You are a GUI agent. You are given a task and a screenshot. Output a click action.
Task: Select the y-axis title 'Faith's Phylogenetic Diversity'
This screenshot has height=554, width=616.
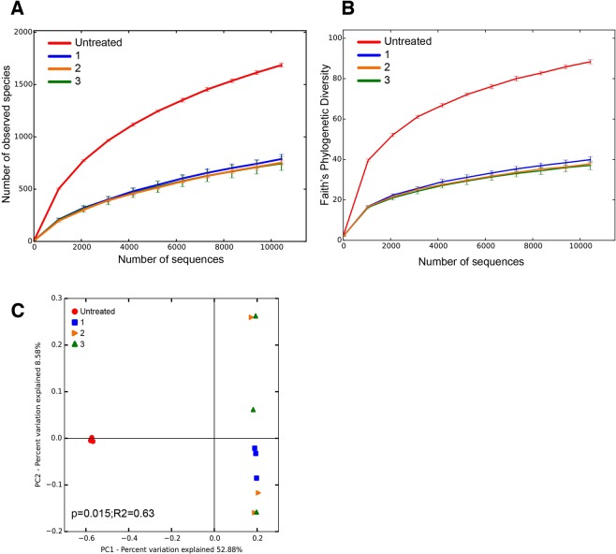click(322, 136)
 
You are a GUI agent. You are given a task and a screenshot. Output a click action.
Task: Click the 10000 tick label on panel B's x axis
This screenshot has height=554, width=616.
click(579, 249)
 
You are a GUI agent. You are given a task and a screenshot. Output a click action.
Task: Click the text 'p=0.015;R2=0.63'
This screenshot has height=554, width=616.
click(93, 513)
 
